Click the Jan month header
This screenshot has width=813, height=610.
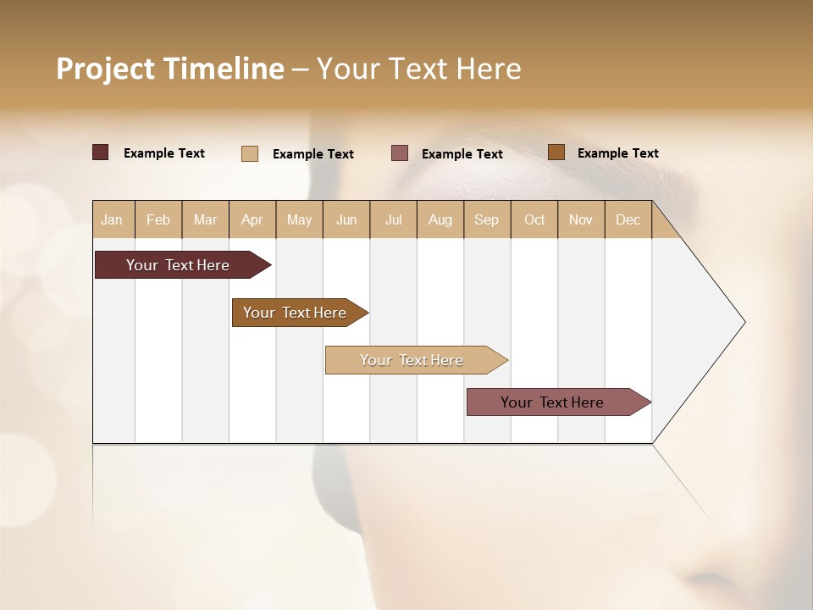pos(112,219)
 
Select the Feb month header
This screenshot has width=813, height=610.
pos(158,219)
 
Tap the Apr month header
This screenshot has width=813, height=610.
pos(252,219)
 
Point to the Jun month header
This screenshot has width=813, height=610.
pos(346,219)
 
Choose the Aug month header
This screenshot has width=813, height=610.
pos(440,219)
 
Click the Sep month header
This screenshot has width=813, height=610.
pos(486,219)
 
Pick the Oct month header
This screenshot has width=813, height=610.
pos(534,219)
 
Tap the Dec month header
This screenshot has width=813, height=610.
pos(628,219)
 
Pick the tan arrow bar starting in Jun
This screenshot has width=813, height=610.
pos(412,360)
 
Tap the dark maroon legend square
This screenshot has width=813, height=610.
pos(101,152)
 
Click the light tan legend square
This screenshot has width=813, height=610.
pos(250,153)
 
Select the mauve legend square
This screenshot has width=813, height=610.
pos(400,152)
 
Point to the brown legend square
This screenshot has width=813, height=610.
pos(556,152)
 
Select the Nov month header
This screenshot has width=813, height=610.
pos(581,219)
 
